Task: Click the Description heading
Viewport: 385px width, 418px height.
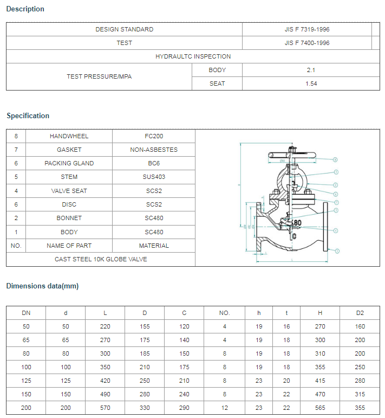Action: pos(25,9)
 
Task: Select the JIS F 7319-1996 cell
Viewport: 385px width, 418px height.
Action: pos(307,29)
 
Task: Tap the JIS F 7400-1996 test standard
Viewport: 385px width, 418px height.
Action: pos(307,43)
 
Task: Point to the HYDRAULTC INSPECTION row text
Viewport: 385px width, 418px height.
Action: pos(193,56)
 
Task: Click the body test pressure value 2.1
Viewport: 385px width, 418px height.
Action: pos(310,70)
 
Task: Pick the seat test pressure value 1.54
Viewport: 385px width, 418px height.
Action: pos(310,83)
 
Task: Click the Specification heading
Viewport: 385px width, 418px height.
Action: pos(28,115)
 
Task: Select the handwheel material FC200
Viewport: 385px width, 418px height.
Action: pos(154,136)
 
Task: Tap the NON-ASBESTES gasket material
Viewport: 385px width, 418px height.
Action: pos(154,150)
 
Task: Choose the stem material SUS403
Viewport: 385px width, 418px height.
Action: pos(154,177)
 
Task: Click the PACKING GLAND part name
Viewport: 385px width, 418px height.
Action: pos(69,163)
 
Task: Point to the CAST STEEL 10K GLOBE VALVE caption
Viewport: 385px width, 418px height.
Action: pos(101,259)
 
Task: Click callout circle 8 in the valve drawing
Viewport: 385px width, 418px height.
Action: pos(335,159)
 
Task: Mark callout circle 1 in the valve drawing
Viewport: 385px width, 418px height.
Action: pos(337,251)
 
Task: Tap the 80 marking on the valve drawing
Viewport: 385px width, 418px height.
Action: pos(297,223)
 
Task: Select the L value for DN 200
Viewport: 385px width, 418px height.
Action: pos(105,408)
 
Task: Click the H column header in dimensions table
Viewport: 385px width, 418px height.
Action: pos(321,313)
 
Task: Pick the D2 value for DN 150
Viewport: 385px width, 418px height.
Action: pos(360,394)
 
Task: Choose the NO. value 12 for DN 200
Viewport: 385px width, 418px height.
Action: pos(224,408)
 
